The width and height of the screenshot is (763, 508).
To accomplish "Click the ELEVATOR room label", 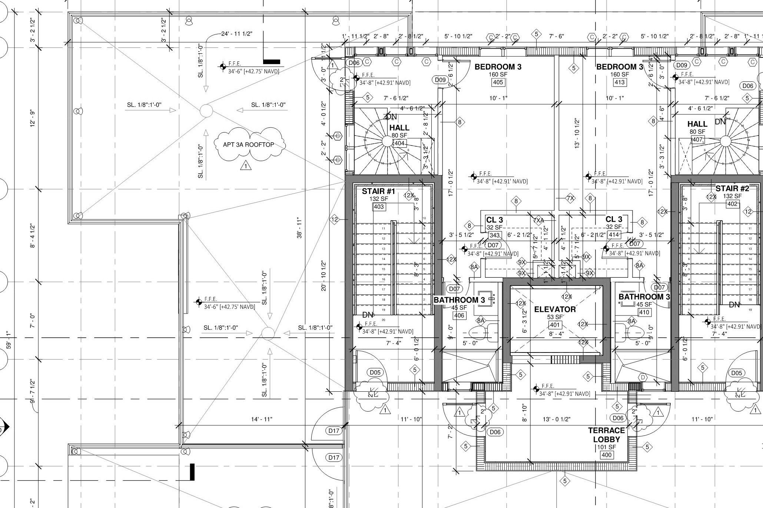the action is coord(555,309).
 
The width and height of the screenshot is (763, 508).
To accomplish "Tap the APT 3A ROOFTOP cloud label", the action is coord(249,144).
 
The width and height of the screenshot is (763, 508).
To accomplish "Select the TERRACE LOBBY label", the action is coord(606,435).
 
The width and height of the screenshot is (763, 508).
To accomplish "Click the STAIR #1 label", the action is coord(378,191).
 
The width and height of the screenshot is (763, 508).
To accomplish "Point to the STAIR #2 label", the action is coord(732,188).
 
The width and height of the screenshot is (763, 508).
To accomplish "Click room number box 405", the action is coord(498,82).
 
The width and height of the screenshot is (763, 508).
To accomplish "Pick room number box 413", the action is coord(619,82).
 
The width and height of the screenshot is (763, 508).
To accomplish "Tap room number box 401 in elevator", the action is coord(555,325).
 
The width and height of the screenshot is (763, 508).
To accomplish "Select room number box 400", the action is coord(606,455).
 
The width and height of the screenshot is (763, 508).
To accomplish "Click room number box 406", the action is coord(459,315).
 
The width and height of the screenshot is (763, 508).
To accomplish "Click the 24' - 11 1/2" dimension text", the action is coord(237,34).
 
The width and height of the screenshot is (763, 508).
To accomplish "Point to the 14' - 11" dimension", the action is coord(262,419).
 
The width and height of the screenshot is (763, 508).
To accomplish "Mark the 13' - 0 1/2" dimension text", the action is coord(556,419).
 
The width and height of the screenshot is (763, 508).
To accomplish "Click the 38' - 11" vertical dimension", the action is coord(299,228).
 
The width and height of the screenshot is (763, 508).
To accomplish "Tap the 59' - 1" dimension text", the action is coord(9,340).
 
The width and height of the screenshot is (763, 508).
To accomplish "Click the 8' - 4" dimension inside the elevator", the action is coord(555,334).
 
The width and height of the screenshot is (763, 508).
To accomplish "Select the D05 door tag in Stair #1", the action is coord(375,372).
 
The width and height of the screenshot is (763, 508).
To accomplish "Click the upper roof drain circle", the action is coord(206,110).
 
